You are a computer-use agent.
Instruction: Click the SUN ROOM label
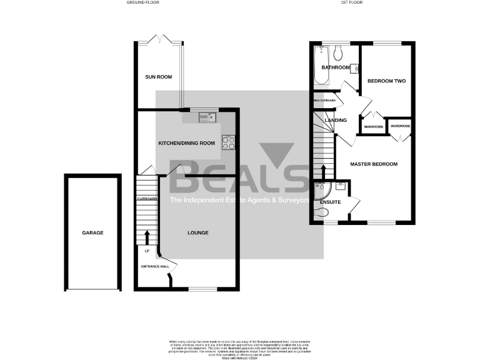click(158, 77)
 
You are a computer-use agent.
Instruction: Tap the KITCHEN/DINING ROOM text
click(186, 143)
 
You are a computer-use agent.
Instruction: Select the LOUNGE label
click(197, 232)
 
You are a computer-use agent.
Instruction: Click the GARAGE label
click(92, 232)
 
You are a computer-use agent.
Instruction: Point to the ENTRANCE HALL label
click(156, 266)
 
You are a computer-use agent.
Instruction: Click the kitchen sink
click(207, 116)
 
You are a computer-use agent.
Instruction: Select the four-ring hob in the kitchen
click(228, 143)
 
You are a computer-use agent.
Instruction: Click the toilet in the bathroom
click(337, 50)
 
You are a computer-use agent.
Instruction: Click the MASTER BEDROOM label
click(374, 164)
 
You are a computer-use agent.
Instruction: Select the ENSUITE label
click(330, 202)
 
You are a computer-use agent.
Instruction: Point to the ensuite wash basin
click(341, 186)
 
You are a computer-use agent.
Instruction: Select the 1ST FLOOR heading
click(352, 2)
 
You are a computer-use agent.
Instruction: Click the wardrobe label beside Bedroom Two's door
click(373, 127)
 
